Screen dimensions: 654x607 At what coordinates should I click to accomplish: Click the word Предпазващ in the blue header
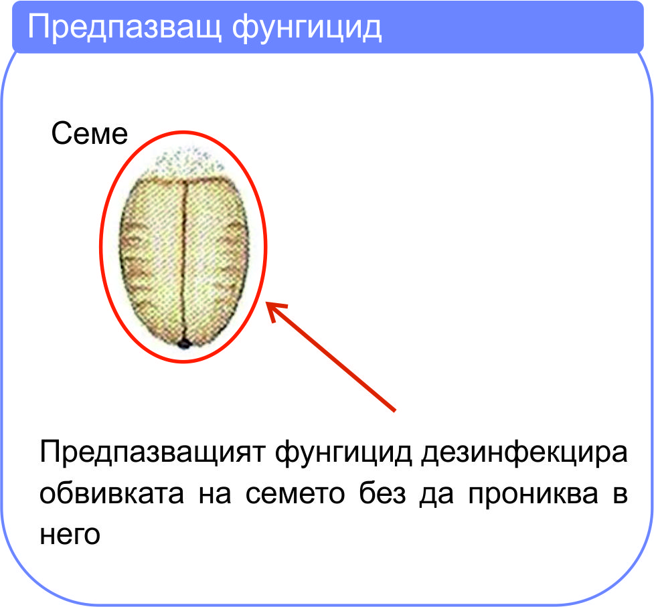124,27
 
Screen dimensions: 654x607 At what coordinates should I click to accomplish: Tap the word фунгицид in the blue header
307,27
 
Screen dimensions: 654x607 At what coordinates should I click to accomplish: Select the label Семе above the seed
89,133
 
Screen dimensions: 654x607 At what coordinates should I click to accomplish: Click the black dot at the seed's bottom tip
184,344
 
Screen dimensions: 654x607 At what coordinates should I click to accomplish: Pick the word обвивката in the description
112,494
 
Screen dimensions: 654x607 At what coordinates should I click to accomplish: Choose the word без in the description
382,494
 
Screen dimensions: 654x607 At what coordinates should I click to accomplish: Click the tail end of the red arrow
394,411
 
